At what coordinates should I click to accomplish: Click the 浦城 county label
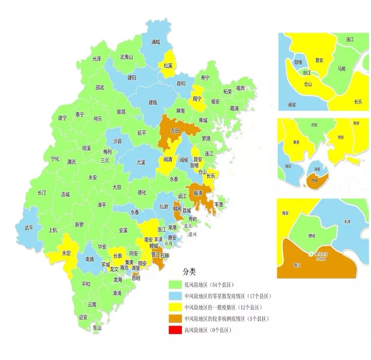[156, 41]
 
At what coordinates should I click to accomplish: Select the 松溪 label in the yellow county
[167, 65]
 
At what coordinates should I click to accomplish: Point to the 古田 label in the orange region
[175, 130]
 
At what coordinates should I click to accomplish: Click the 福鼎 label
[240, 88]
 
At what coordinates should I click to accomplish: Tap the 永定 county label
[66, 253]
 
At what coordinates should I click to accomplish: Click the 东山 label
[97, 328]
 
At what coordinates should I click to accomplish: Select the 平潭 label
[219, 204]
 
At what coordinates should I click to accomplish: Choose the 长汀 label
[42, 193]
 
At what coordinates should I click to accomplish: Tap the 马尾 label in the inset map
[342, 69]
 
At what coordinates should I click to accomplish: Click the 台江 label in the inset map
[307, 73]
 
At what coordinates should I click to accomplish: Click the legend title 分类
[189, 272]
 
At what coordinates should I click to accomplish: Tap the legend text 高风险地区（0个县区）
[208, 330]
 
